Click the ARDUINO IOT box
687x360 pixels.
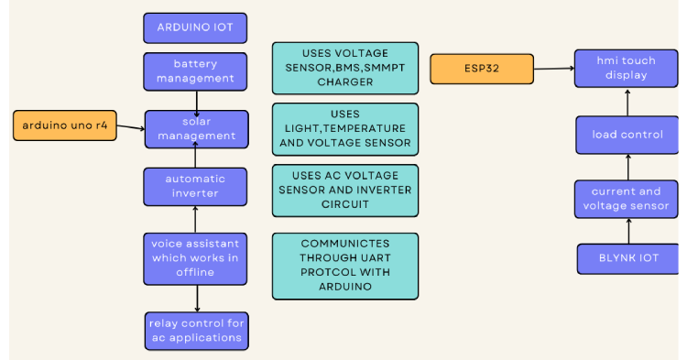[195, 27]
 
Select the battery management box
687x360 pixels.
[195, 71]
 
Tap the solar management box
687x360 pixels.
[196, 129]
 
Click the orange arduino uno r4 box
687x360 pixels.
[65, 125]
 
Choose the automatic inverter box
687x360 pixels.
[195, 186]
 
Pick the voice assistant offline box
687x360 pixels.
[195, 258]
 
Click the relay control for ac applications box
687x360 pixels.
[197, 331]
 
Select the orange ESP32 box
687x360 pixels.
[482, 69]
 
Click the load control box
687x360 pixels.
[627, 135]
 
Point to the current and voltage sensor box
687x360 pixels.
[627, 199]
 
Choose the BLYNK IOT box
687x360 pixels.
[627, 258]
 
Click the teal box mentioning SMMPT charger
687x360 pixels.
[345, 68]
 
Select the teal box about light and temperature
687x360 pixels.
[345, 129]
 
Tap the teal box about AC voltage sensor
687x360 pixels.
[345, 190]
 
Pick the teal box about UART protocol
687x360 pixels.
[345, 266]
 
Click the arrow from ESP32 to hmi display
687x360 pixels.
[553, 67]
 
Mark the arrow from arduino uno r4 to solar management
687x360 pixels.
[131, 127]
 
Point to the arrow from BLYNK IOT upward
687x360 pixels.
[627, 231]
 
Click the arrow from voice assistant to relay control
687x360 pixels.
[197, 299]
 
